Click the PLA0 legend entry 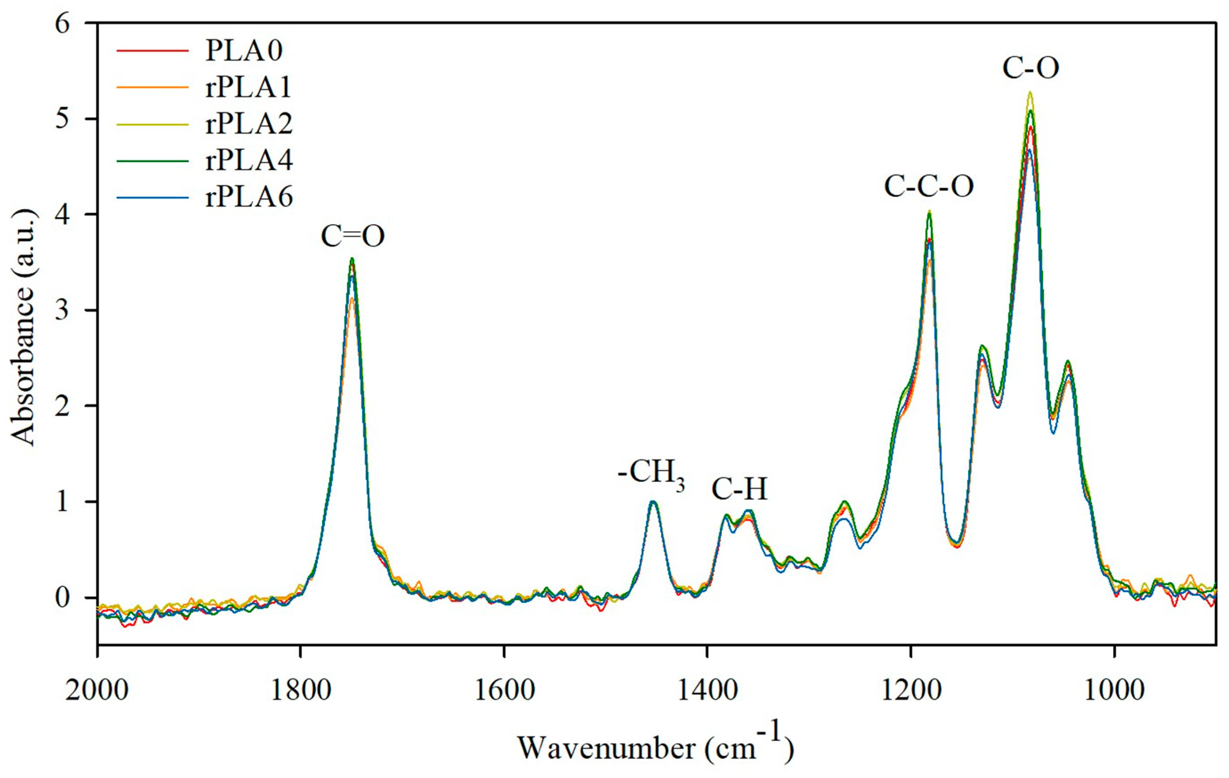click(x=243, y=50)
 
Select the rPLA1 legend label click(x=248, y=87)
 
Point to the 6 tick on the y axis click(x=63, y=24)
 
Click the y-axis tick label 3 click(x=63, y=310)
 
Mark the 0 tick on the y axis click(x=63, y=597)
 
